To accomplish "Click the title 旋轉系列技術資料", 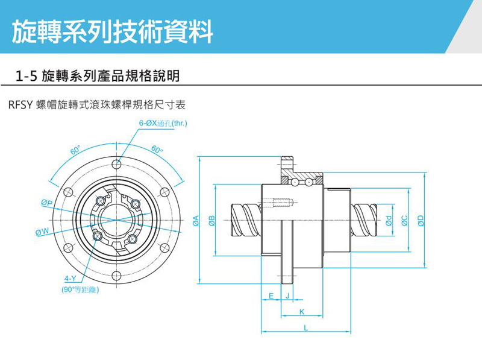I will (113, 30).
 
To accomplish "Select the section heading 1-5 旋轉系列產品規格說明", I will (98, 77).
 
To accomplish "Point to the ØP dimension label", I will (46, 203).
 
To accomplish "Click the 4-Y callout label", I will (70, 279).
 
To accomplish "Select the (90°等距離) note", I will (80, 289).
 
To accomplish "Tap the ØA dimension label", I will (196, 221).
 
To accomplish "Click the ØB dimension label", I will (211, 221).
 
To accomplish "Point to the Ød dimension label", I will (389, 221).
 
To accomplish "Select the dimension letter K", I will (301, 312).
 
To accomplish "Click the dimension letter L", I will (305, 328).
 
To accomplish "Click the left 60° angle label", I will (75, 150).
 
